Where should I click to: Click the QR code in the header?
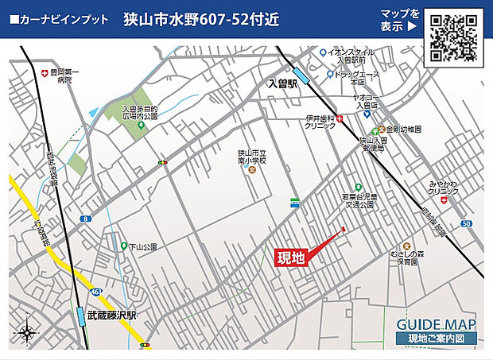[x=454, y=37]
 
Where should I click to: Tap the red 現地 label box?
[x=290, y=257]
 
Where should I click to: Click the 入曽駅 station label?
[x=281, y=83]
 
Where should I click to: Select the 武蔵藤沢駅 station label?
[x=112, y=315]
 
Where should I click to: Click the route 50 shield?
[x=466, y=224]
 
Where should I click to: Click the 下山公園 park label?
[x=143, y=247]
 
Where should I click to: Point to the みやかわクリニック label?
[x=443, y=187]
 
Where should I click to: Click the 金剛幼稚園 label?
[x=405, y=129]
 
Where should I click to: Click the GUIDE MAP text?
[x=437, y=324]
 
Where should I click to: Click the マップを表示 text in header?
[x=400, y=20]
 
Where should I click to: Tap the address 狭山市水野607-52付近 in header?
[x=202, y=20]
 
